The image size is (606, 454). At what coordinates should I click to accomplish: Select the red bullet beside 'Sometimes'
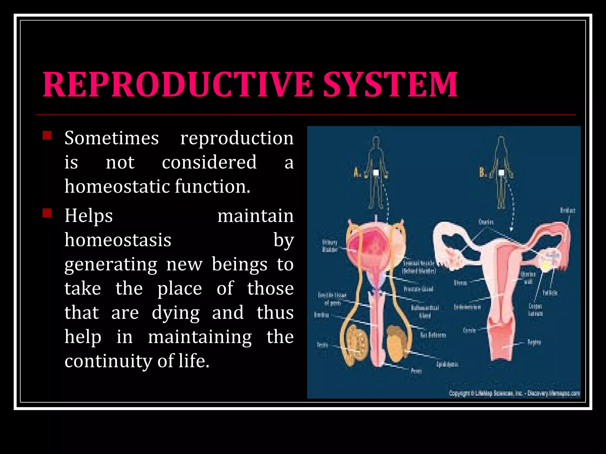coord(47,135)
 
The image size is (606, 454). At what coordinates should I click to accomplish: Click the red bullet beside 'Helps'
coord(47,213)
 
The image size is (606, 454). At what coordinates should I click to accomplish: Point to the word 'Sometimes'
coord(112,138)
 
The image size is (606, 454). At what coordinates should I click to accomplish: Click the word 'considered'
coord(209,163)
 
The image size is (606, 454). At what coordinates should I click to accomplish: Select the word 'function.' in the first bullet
coord(212,187)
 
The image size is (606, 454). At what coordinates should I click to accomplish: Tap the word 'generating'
coord(111,265)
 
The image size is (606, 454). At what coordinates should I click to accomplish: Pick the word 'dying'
coord(175,313)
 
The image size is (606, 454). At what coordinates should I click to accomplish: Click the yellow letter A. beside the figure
coord(357,172)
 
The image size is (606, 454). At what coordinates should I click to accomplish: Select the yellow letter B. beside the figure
coord(483,172)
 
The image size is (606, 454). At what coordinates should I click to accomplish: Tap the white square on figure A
coord(376,173)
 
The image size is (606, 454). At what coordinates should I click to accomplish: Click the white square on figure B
coord(501,173)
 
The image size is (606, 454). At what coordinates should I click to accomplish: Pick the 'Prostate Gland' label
coord(418,289)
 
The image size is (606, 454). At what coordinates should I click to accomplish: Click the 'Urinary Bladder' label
coord(330,246)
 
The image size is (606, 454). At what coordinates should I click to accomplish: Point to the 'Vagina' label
coord(534,342)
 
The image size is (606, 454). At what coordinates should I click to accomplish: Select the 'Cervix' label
coord(469,330)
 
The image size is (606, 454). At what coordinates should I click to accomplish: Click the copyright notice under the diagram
coord(514,393)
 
